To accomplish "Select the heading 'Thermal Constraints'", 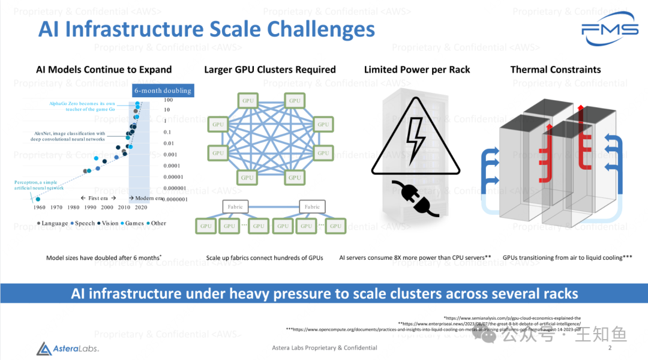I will pos(555,70).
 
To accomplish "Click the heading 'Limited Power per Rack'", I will pos(417,70).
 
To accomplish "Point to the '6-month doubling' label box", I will pos(163,91).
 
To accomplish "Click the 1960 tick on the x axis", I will pos(39,208).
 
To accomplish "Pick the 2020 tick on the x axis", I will pos(142,208).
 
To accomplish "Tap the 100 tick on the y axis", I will pos(169,100).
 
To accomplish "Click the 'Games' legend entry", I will pos(134,223).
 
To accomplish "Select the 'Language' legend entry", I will pos(53,223).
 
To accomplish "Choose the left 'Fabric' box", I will pos(235,207).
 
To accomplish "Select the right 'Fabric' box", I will pos(312,207).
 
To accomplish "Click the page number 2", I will pos(610,348).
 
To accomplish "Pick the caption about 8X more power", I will pos(415,257).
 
